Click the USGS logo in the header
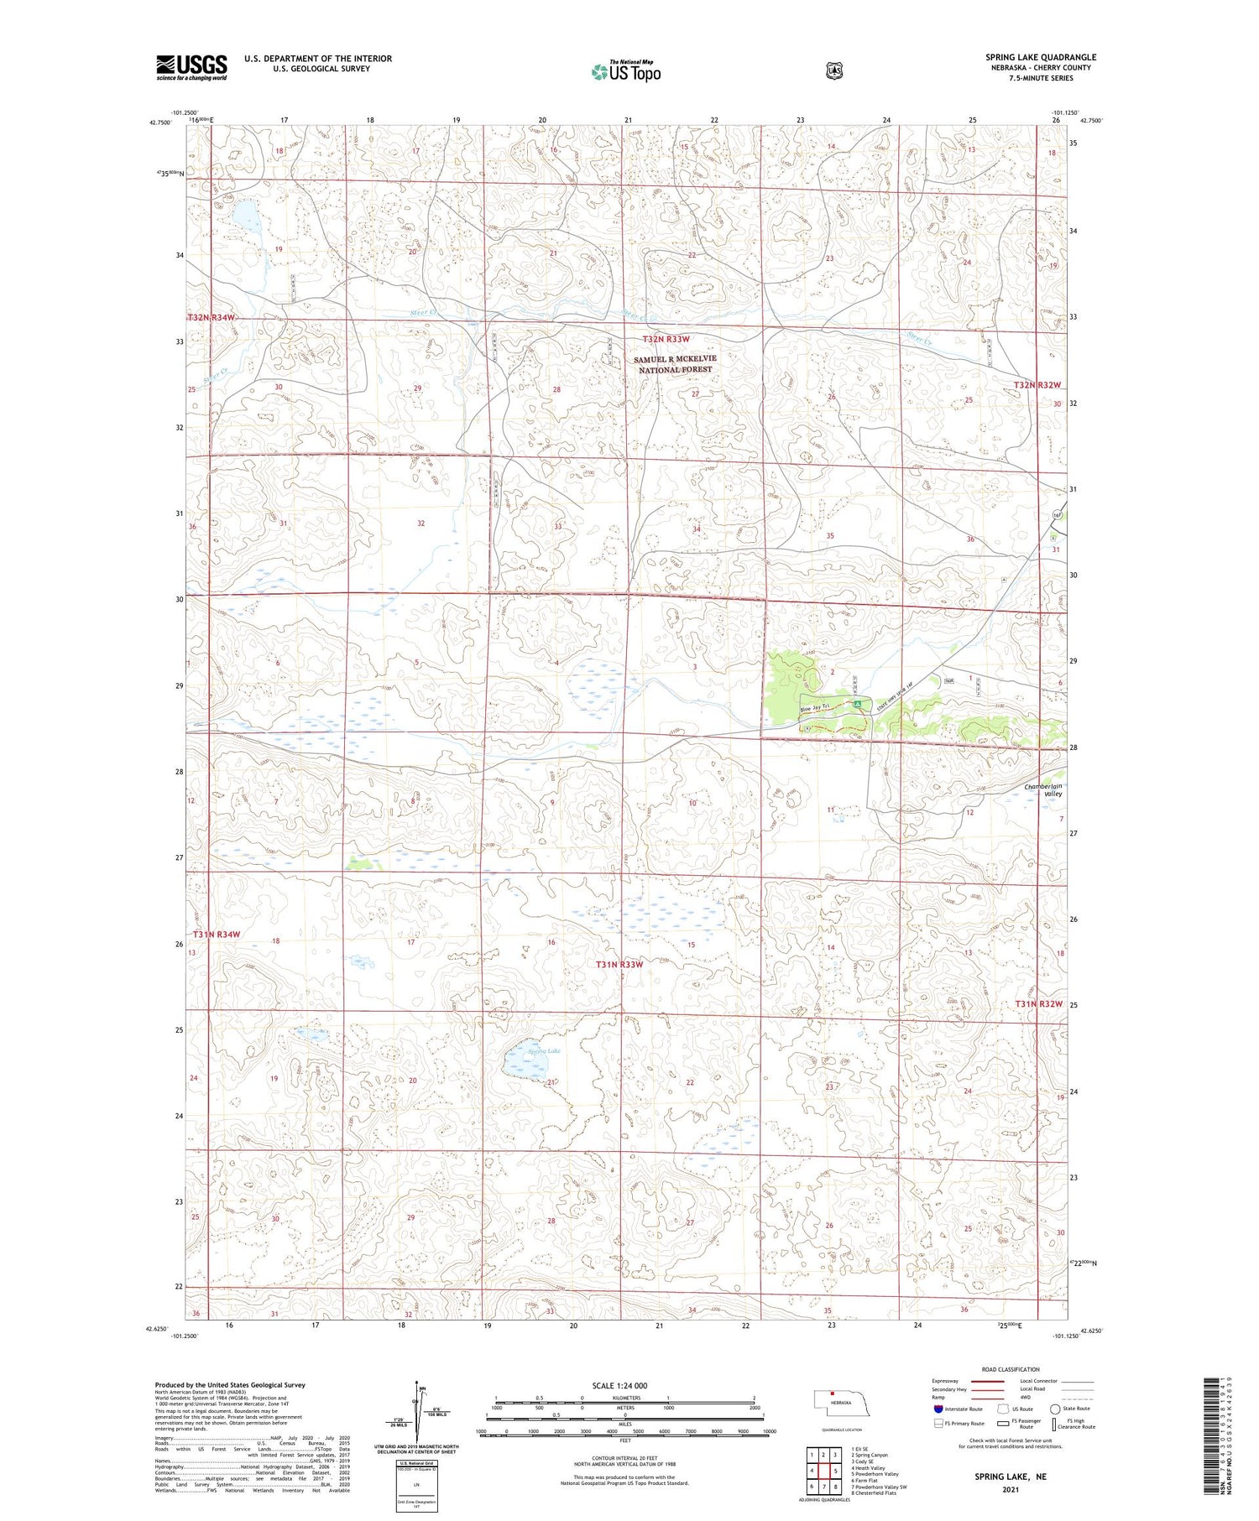pos(191,67)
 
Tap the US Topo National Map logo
pos(626,71)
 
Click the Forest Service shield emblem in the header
pos(832,70)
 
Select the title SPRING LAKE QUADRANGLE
pos(1041,57)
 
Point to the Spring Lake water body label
pos(543,1050)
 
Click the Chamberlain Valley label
pos(1043,789)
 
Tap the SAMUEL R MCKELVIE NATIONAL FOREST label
pos(675,364)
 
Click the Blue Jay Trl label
pos(815,708)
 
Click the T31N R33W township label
pos(619,965)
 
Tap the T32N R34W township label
pos(211,318)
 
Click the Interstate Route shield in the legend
pos(938,1409)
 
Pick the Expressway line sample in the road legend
pos(987,1381)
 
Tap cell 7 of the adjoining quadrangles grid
pos(823,1487)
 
